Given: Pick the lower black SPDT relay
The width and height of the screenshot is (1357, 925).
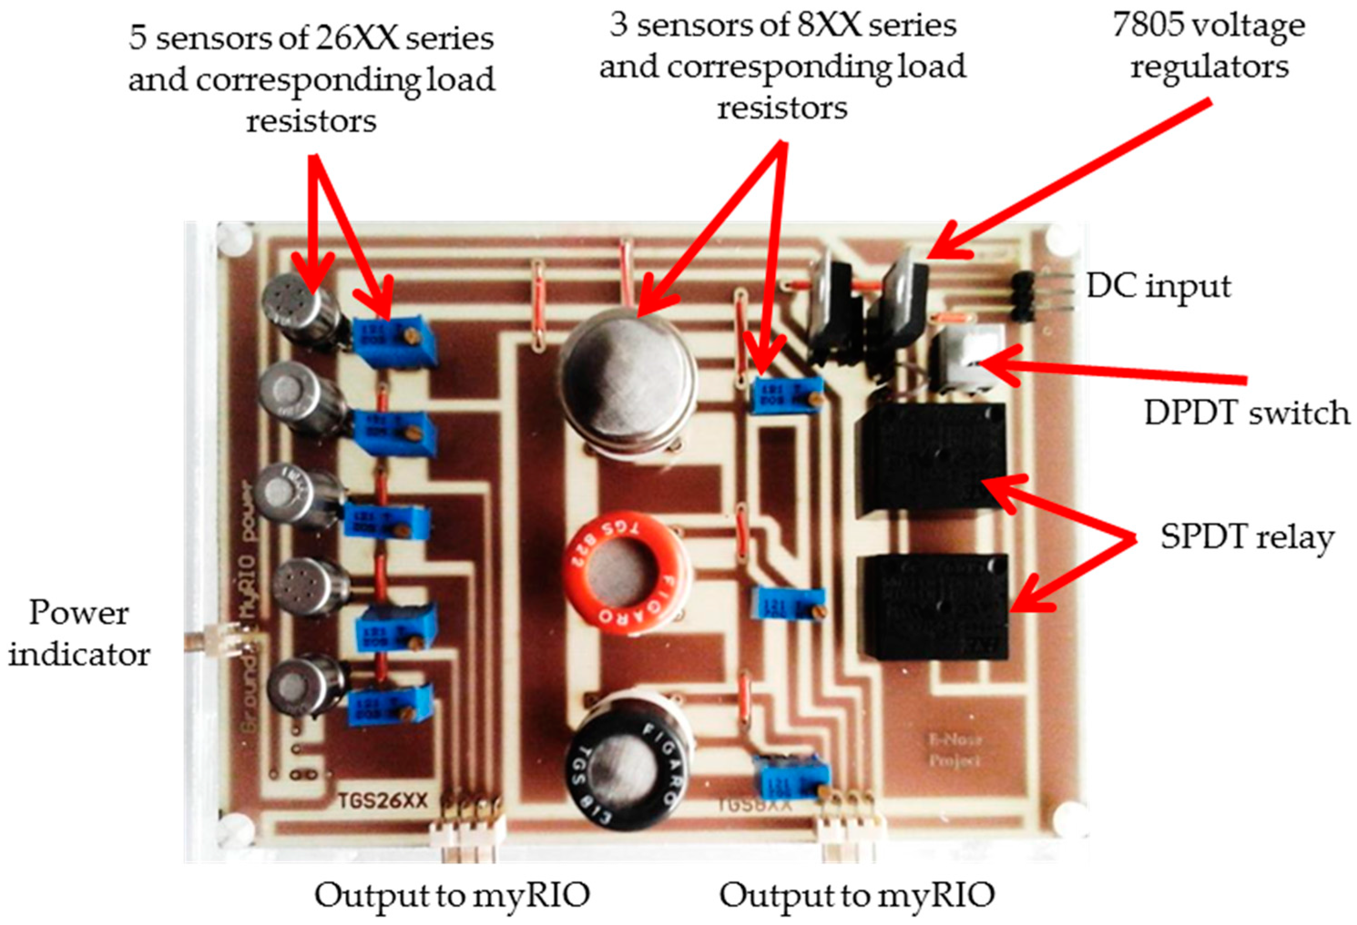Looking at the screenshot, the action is coord(937,607).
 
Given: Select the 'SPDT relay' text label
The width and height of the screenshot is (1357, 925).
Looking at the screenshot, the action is coord(1247,537).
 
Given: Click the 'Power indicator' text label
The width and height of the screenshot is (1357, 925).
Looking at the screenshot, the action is coord(79,633).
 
